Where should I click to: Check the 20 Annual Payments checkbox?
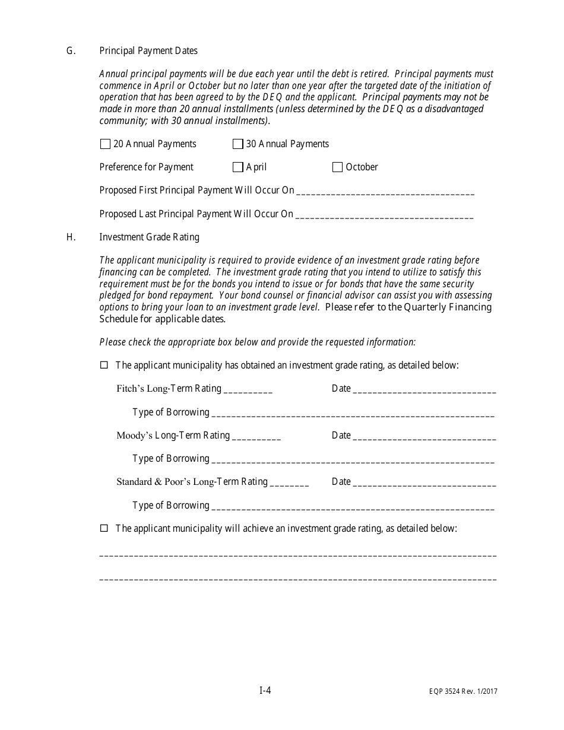point(105,144)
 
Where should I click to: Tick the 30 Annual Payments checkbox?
point(237,144)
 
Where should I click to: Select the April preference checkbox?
point(237,167)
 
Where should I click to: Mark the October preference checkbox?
point(337,167)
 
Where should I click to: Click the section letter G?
point(71,51)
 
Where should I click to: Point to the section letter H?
point(71,237)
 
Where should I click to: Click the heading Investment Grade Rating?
point(149,237)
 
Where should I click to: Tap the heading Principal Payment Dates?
point(148,51)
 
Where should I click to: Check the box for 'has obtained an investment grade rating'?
point(104,366)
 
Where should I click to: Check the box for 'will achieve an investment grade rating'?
point(104,528)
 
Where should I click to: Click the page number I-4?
point(265,690)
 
